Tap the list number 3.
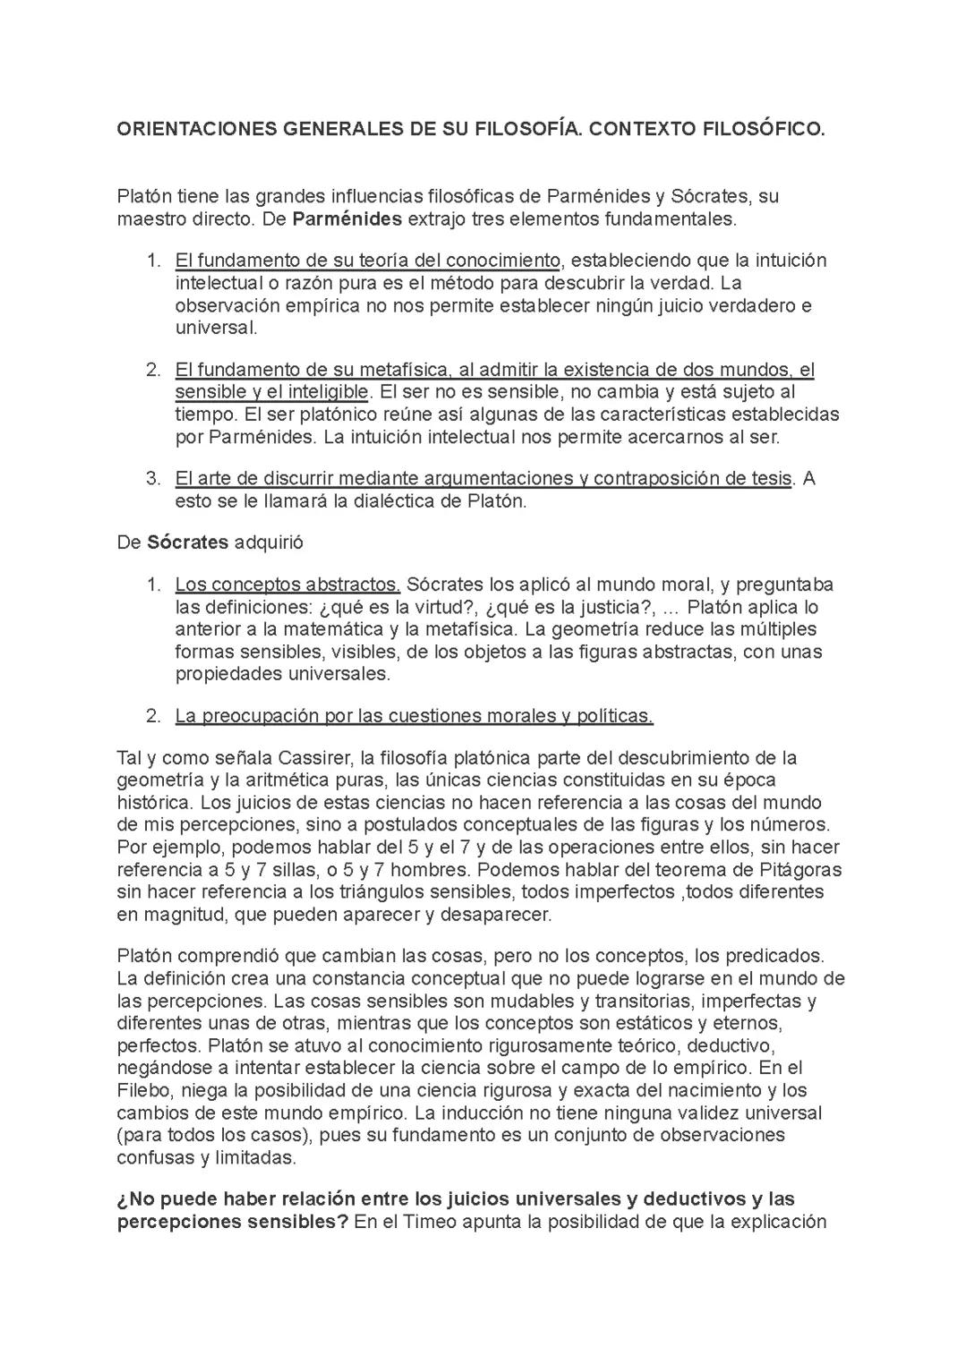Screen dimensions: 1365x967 click(x=153, y=479)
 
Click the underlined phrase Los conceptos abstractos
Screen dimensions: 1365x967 click(x=287, y=585)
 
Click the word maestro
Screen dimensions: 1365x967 click(x=149, y=219)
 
